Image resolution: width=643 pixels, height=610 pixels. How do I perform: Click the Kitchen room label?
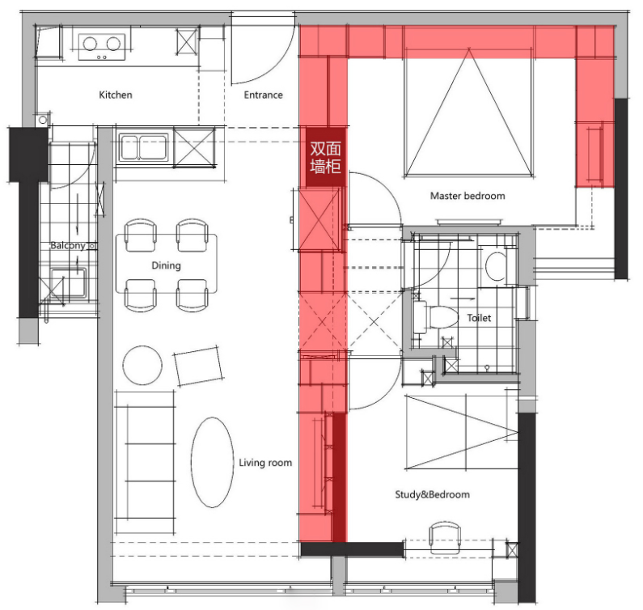(x=116, y=95)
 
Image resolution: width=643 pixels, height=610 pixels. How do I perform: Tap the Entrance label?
(x=264, y=95)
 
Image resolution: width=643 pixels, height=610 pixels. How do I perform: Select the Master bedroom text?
(x=467, y=196)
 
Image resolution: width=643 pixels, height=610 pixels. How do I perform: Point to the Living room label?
(x=265, y=463)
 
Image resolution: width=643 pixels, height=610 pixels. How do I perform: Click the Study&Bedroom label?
(x=432, y=494)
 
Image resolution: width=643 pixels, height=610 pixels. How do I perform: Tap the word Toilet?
(x=479, y=318)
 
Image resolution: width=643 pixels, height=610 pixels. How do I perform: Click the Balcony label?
(x=68, y=245)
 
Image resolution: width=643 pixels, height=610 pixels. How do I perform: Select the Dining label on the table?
(x=166, y=265)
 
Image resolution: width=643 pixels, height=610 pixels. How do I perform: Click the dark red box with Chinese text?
(x=326, y=157)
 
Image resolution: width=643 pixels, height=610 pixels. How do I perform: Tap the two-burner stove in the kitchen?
(x=102, y=46)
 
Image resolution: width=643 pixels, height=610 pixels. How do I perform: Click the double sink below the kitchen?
(x=143, y=147)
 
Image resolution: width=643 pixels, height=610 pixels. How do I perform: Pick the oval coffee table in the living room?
(x=212, y=462)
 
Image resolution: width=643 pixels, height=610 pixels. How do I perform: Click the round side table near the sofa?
(x=142, y=365)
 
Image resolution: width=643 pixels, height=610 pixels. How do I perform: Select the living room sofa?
(x=145, y=462)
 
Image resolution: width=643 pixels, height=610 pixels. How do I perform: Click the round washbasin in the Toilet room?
(x=496, y=266)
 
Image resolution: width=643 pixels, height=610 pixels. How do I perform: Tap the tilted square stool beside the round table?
(x=198, y=366)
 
